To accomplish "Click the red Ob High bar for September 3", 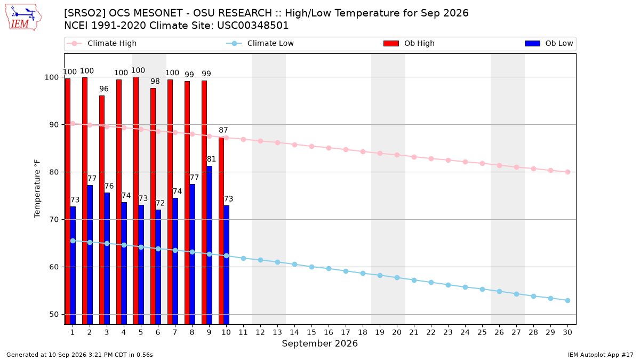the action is coord(102,210).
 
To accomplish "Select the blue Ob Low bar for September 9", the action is coord(210,245).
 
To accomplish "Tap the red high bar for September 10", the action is coord(221,231).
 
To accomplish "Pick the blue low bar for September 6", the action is coord(158,267).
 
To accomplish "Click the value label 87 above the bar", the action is coord(223,130).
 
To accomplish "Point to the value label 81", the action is coord(211,159).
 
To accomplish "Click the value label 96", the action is coord(104,89).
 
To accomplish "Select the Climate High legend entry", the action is coord(102,43).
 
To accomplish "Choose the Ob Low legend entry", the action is coord(549,43).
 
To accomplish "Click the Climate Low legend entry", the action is coord(260,43).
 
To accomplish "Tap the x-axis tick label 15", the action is coord(311,332).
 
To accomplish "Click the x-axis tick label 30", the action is coord(567,332).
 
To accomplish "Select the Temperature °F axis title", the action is coord(37,189).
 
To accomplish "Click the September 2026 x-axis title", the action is coord(319,343).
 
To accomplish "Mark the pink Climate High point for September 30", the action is coord(567,172).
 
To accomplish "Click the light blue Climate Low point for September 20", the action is coord(397,278).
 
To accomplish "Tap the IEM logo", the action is coord(23,18).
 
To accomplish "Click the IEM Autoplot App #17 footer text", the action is coord(601,355).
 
